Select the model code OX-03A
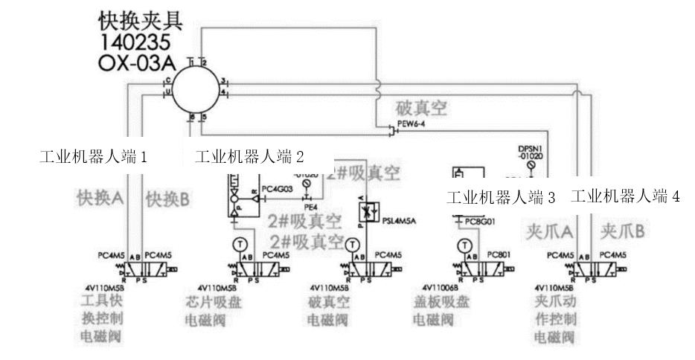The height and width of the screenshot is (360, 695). coord(137,63)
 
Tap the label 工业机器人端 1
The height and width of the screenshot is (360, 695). coord(93,157)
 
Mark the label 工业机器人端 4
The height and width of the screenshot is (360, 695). coord(626,197)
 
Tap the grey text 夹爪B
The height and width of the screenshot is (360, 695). coord(621,231)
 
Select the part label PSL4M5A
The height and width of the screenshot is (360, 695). coord(400,220)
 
